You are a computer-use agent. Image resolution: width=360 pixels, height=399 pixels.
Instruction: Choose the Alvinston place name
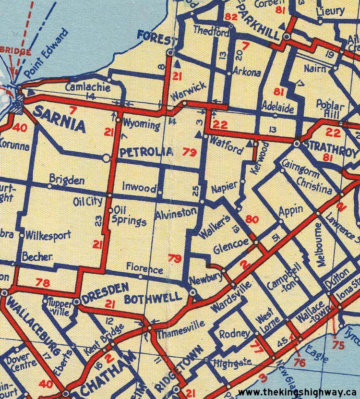pos(176,211)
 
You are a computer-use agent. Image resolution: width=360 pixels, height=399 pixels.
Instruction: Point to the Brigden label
pos(67,181)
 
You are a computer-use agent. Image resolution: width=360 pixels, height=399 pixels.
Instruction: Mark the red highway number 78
pos(43,283)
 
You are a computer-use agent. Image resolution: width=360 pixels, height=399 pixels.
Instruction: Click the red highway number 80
pos(252,219)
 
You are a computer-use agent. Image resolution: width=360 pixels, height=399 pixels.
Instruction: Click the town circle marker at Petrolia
pos(107,157)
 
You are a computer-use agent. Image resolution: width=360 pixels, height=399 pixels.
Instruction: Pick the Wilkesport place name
pos(49,236)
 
